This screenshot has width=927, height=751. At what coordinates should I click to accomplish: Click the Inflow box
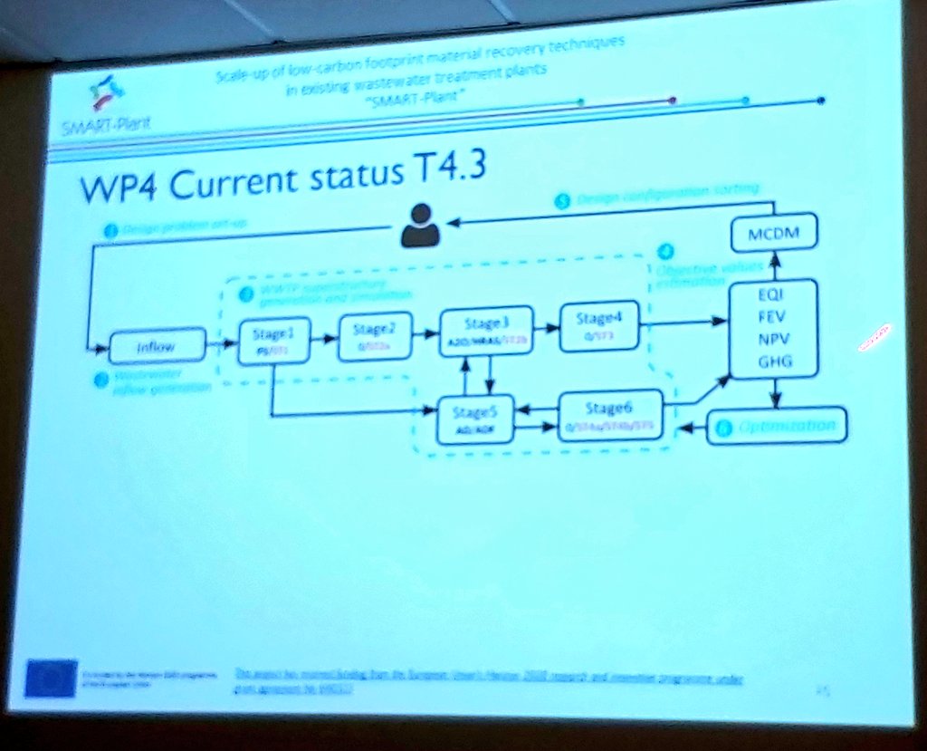click(x=155, y=345)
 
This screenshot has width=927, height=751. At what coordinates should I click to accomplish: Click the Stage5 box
click(x=475, y=419)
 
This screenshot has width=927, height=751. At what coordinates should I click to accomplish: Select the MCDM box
click(x=773, y=235)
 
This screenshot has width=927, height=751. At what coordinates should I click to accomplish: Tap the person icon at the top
click(x=420, y=226)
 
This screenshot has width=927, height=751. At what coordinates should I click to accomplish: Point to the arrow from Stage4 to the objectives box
click(x=688, y=322)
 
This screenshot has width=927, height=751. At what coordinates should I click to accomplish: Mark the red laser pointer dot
click(x=876, y=336)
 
